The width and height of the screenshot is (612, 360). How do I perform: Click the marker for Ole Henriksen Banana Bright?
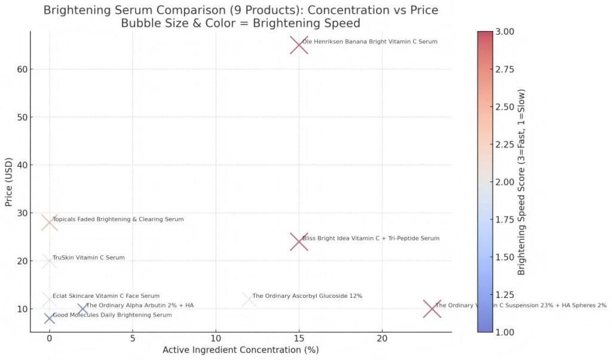click(x=299, y=45)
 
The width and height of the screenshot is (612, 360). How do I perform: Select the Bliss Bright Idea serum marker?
click(x=299, y=242)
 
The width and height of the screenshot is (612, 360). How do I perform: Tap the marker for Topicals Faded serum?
click(x=50, y=222)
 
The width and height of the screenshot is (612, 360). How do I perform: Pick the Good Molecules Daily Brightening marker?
click(x=50, y=318)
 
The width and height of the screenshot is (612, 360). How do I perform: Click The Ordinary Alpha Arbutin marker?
click(x=82, y=309)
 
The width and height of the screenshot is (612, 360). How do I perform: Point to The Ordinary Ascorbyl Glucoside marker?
click(x=249, y=299)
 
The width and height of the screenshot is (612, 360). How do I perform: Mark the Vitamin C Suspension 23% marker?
click(x=432, y=309)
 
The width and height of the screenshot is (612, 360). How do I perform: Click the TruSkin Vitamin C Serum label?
click(x=88, y=258)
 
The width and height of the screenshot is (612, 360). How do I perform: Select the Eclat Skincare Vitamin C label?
click(x=106, y=295)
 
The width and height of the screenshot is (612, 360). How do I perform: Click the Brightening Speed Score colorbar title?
click(x=522, y=181)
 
